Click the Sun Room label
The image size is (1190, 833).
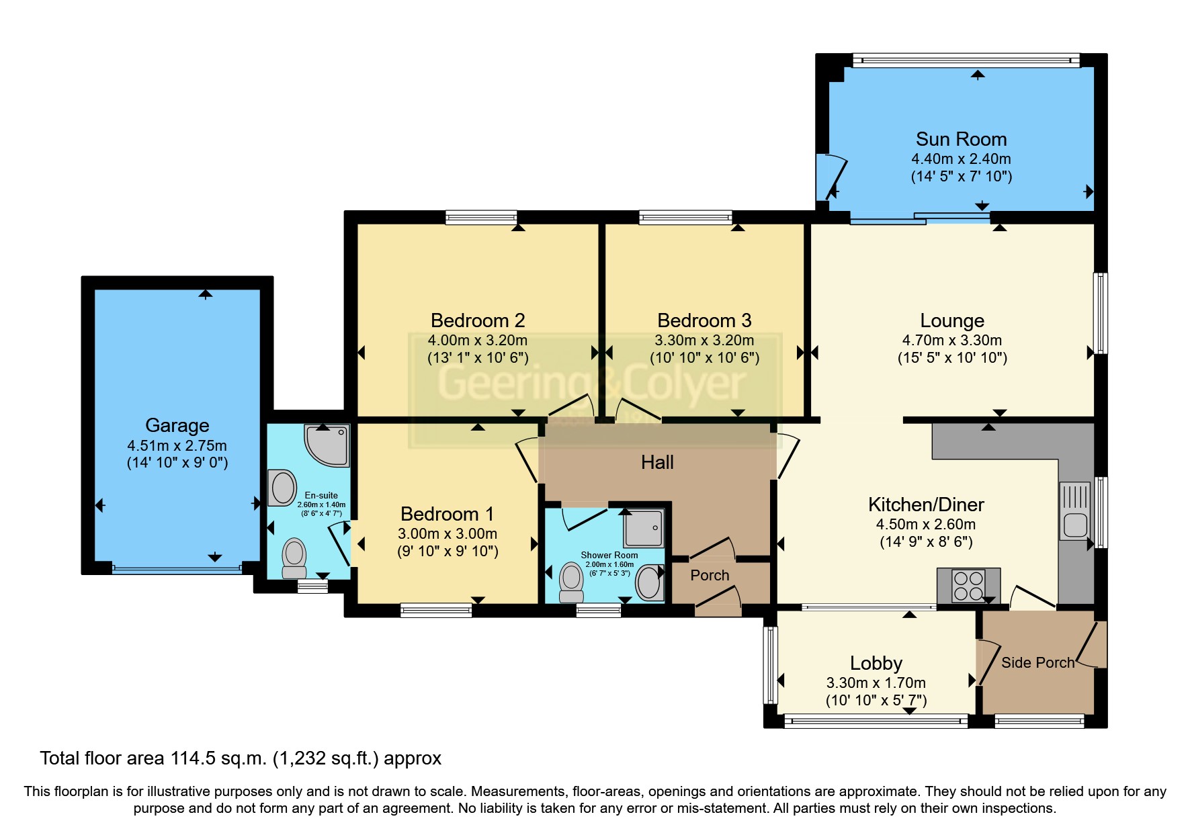tap(961, 139)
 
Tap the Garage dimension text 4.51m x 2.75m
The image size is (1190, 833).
tap(177, 445)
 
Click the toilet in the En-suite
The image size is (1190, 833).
tap(294, 558)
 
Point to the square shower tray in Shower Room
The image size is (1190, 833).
tap(644, 528)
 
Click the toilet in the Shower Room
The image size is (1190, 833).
tap(571, 581)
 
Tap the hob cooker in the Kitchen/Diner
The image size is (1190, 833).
tap(968, 585)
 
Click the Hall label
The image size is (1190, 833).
tap(656, 462)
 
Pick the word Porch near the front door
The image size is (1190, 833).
tap(710, 575)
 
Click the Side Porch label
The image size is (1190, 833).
tap(1037, 662)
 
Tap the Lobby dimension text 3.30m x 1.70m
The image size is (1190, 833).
tap(876, 683)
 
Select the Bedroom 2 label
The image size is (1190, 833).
tap(477, 320)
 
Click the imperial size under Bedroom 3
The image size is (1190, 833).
tap(704, 357)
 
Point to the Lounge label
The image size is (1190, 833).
tap(951, 320)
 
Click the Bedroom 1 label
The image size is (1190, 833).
tap(447, 514)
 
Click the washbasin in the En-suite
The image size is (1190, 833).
tap(283, 488)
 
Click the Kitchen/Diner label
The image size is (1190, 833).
tap(925, 505)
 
